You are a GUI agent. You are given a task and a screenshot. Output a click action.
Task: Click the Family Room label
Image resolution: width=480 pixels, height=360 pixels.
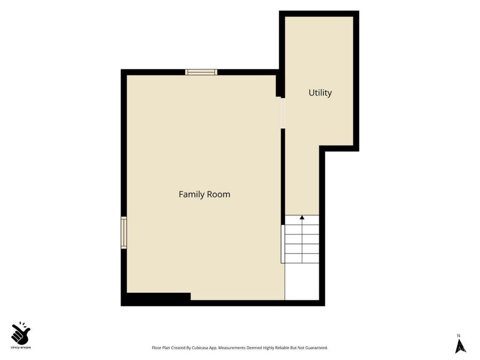(204, 194)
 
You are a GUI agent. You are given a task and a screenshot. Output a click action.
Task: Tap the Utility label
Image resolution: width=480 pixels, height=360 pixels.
(320, 93)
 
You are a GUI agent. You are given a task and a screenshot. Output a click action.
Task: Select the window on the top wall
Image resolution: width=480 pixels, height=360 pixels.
(201, 72)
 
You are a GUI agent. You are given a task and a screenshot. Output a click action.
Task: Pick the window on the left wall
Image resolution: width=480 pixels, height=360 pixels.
(124, 233)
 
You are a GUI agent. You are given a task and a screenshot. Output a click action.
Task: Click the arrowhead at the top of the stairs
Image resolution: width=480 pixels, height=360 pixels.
(302, 218)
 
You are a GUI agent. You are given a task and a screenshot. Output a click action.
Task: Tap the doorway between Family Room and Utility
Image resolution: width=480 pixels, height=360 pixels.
(283, 113)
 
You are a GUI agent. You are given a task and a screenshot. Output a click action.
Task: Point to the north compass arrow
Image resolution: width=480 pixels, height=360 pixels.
(461, 346)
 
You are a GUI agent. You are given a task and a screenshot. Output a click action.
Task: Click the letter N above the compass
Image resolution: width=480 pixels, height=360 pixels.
(459, 335)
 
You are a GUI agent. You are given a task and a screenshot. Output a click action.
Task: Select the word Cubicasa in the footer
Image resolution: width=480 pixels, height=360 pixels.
(201, 348)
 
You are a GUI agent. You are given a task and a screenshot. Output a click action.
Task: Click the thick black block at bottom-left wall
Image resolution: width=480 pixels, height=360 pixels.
(158, 298)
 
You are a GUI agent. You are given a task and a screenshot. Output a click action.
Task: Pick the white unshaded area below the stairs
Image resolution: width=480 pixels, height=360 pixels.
(302, 282)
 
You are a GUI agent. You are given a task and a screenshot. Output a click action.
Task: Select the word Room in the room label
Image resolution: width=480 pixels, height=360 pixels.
(219, 194)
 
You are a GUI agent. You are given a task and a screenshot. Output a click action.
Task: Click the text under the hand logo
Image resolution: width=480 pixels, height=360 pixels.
(21, 347)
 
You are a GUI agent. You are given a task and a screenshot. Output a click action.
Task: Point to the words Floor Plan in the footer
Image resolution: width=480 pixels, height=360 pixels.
(161, 348)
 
